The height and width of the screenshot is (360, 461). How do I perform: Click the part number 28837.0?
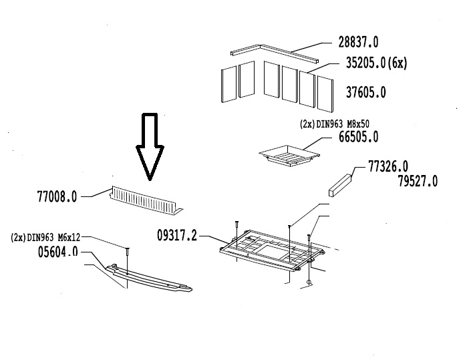(358, 42)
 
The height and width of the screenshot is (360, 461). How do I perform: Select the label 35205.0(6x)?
(376, 63)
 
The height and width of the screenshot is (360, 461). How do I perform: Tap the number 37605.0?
(365, 92)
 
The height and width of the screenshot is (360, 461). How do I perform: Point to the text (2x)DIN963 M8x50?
(334, 124)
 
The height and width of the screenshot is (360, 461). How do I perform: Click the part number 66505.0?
(358, 137)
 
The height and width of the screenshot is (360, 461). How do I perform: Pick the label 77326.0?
(388, 166)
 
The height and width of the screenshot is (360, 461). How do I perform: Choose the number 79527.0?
(418, 181)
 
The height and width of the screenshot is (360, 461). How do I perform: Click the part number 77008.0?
(57, 196)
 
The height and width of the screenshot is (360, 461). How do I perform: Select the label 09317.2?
(177, 235)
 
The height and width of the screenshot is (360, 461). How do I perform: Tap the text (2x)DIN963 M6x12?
(45, 237)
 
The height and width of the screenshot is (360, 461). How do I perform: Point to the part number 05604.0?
(58, 252)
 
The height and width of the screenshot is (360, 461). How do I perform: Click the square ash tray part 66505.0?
(289, 156)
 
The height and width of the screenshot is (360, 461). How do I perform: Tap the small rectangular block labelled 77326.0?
(340, 185)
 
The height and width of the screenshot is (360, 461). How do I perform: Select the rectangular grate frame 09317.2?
(272, 250)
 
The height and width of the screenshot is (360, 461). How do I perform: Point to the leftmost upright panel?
(228, 84)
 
